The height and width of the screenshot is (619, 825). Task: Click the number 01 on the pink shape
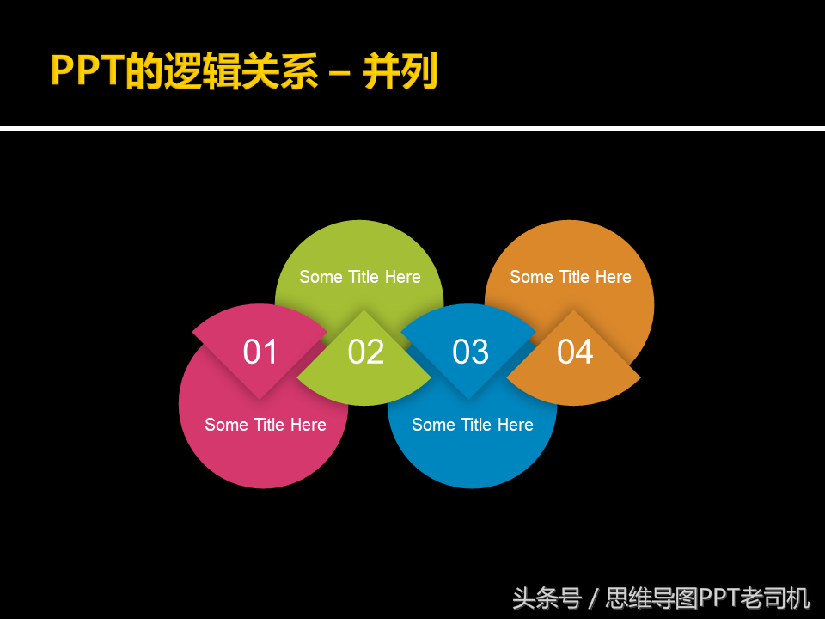click(x=260, y=352)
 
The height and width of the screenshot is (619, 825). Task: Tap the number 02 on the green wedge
click(x=366, y=352)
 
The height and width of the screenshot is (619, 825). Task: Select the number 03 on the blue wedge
click(x=470, y=352)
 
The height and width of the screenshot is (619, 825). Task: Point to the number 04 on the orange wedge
click(x=575, y=352)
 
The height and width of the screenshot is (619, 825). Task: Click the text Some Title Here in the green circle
click(x=360, y=277)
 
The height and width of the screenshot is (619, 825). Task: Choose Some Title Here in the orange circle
click(x=571, y=277)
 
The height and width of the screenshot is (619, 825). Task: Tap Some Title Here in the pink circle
click(x=266, y=425)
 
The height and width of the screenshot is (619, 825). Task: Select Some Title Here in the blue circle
click(x=473, y=425)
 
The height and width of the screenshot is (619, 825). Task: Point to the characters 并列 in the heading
click(x=400, y=70)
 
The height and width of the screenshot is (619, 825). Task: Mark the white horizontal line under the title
click(x=412, y=128)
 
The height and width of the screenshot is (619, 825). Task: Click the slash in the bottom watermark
click(x=594, y=599)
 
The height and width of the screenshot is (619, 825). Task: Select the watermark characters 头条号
click(x=547, y=599)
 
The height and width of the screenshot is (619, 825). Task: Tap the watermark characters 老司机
click(x=775, y=599)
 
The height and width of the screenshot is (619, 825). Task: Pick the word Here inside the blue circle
click(x=516, y=425)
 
